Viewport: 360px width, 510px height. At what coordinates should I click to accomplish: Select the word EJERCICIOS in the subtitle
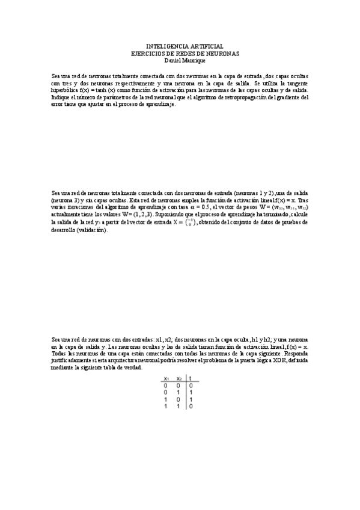tap(146, 53)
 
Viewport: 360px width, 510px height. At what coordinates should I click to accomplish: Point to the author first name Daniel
tap(172, 60)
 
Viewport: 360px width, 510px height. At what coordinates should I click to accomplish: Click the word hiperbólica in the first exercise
tap(65, 90)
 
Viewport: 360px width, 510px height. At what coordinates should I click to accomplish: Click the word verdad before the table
tap(130, 367)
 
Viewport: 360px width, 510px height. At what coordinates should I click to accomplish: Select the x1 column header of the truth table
tap(166, 379)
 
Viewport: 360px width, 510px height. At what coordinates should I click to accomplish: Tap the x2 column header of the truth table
tap(178, 379)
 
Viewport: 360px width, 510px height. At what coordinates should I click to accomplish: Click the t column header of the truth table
tap(190, 379)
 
